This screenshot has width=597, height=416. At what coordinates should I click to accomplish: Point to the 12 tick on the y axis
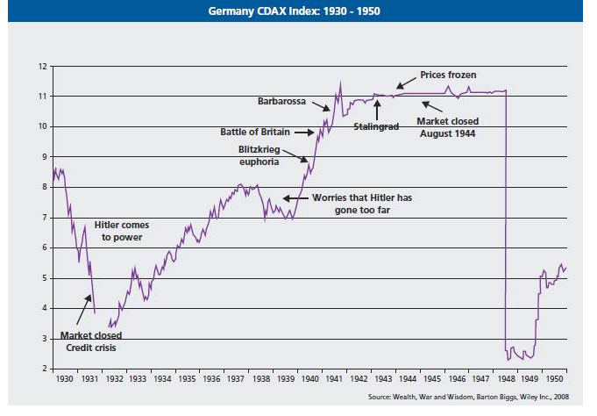[x=41, y=66]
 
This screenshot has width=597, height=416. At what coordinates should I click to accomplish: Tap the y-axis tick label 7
[x=43, y=218]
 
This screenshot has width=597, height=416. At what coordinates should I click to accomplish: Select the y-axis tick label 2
[x=43, y=369]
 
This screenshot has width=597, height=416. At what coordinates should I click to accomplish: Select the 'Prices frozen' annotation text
[x=448, y=75]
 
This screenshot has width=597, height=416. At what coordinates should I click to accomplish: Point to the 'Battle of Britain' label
[x=254, y=132]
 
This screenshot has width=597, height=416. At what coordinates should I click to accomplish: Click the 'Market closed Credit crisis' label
[x=90, y=341]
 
